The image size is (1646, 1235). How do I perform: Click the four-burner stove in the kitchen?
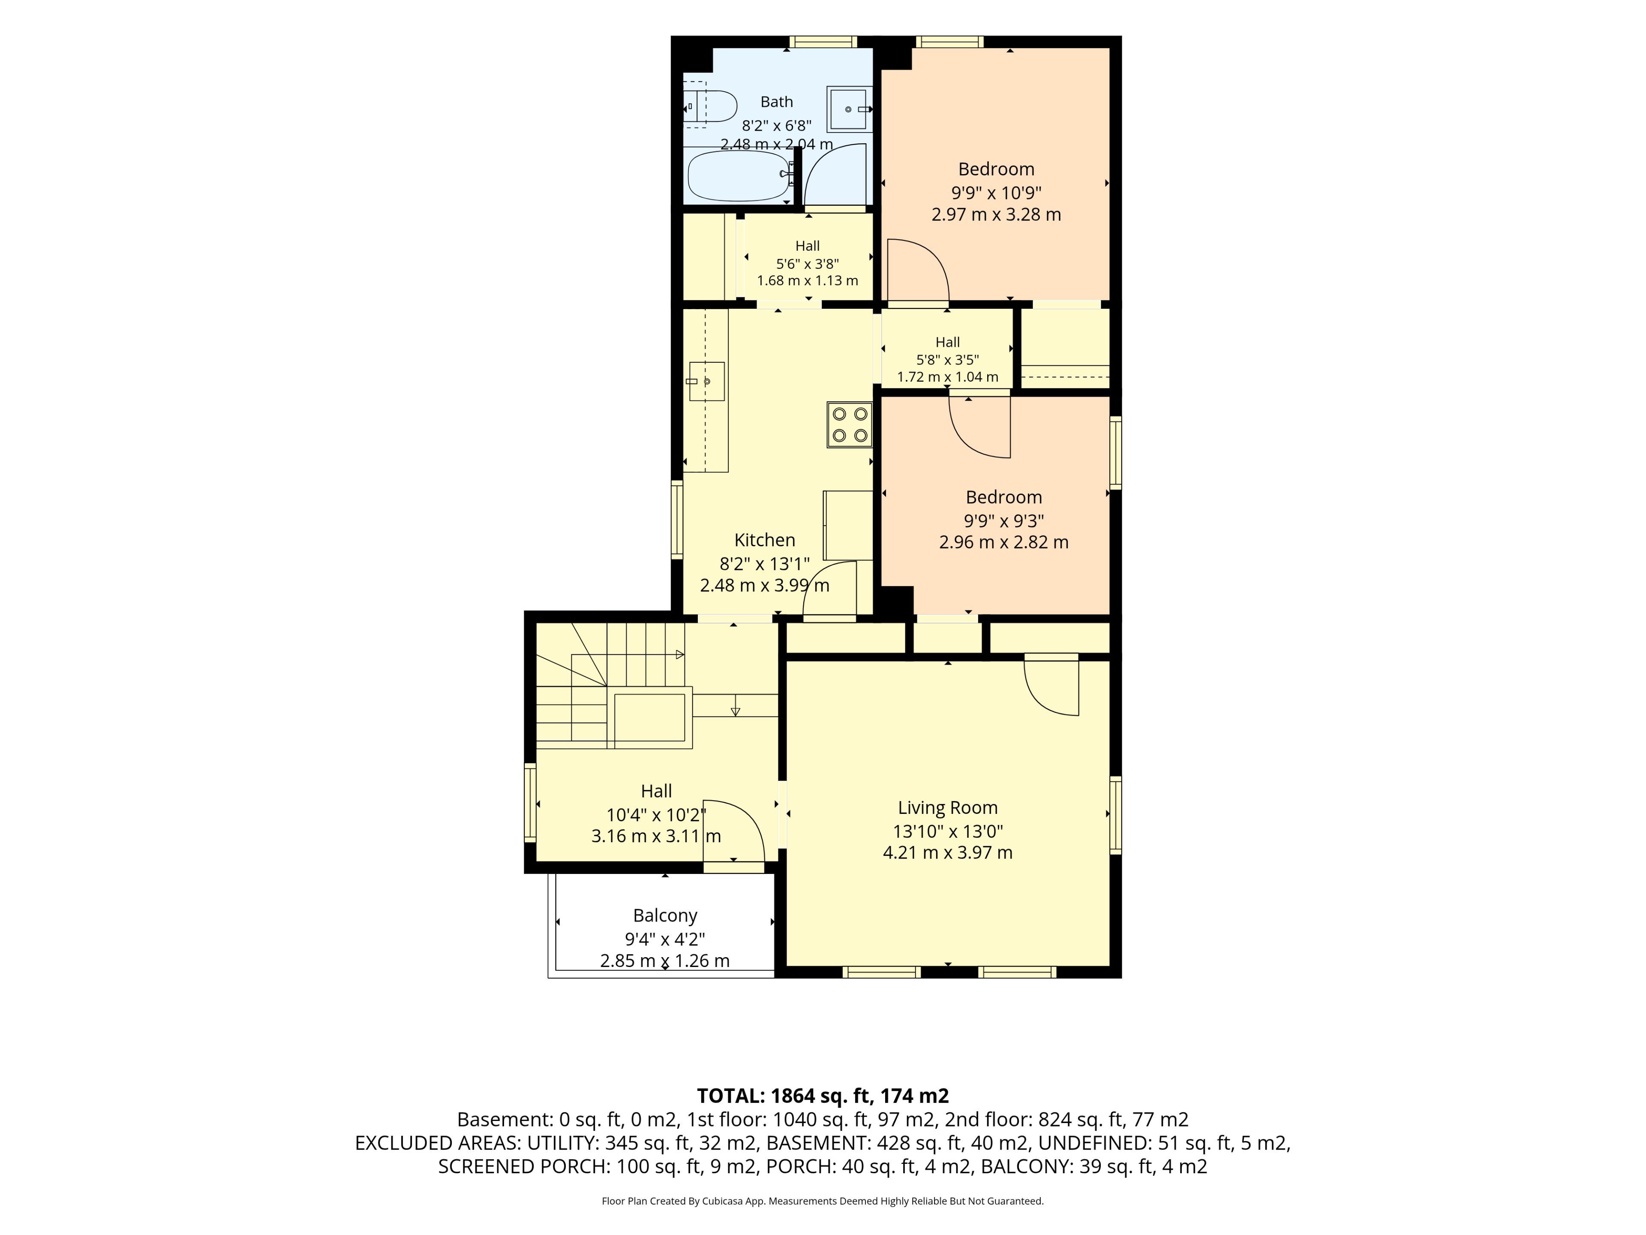pyautogui.click(x=849, y=425)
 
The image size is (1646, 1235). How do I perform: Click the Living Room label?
pyautogui.click(x=947, y=808)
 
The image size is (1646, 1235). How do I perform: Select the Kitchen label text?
pyautogui.click(x=764, y=540)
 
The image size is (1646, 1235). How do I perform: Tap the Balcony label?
pyautogui.click(x=665, y=916)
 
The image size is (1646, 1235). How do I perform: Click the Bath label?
pyautogui.click(x=776, y=102)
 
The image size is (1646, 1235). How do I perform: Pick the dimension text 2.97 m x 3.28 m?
pyautogui.click(x=996, y=214)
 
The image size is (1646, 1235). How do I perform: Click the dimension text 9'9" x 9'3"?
pyautogui.click(x=1004, y=520)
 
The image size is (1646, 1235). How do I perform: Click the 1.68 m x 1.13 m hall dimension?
pyautogui.click(x=808, y=280)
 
